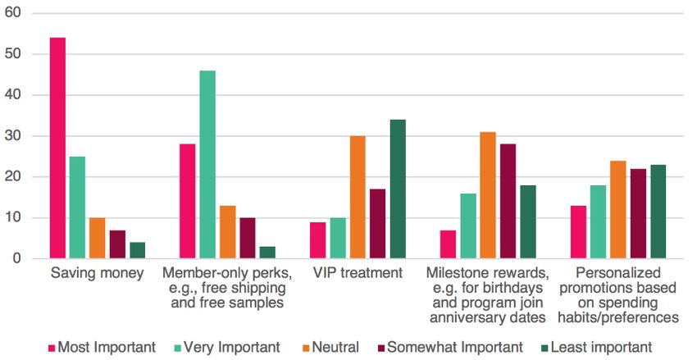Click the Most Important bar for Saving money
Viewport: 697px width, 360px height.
(x=57, y=148)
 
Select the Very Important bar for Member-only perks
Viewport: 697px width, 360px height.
(x=207, y=165)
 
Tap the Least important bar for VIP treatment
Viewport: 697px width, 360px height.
(x=398, y=189)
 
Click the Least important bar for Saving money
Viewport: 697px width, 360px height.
(x=137, y=251)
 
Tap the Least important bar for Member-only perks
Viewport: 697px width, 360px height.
(x=267, y=253)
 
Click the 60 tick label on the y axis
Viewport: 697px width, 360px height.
(x=14, y=13)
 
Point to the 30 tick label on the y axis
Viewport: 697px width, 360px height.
(x=14, y=136)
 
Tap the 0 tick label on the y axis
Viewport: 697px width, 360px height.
(x=17, y=259)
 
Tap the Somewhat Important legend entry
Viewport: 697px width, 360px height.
(x=457, y=346)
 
